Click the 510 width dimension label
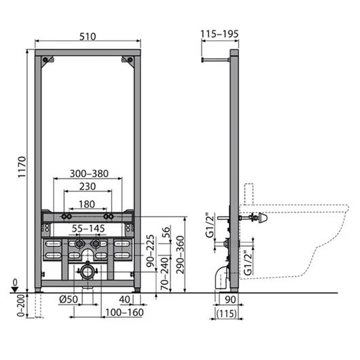point(88,37)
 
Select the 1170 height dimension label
point(22,167)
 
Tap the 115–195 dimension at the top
point(219,34)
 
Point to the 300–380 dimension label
point(89,174)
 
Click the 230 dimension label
point(88,186)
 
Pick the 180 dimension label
point(87,204)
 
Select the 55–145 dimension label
point(88,228)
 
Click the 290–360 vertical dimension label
point(181,255)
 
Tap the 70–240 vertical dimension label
point(164,274)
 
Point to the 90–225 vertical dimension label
point(150,251)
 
